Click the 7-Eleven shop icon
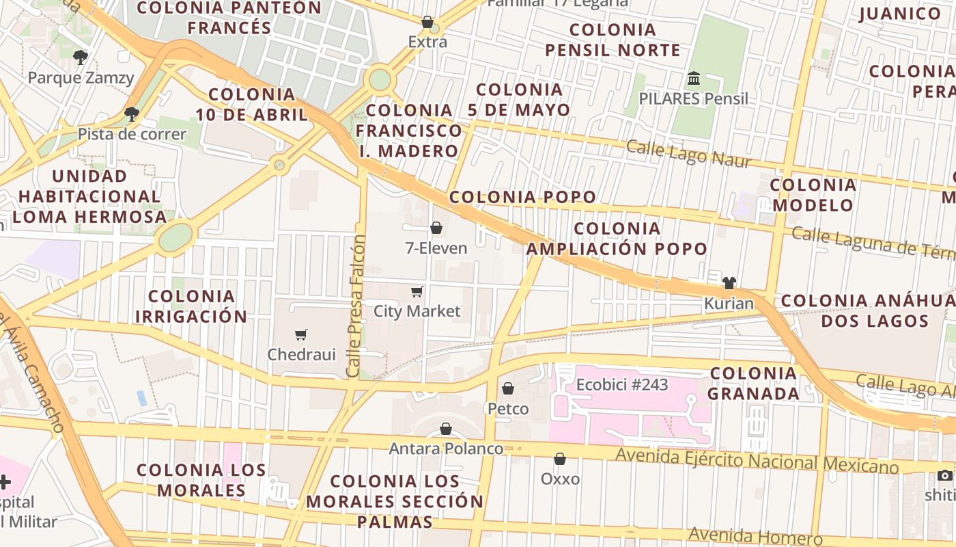436,228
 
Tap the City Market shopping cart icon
417,292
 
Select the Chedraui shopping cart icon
301,334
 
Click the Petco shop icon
508,388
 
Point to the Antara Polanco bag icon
446,429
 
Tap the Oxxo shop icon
560,459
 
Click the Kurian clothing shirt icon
729,283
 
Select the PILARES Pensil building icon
694,78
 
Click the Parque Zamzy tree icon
81,57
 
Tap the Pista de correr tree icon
132,114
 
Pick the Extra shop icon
427,22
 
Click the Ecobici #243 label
621,385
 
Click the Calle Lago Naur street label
688,154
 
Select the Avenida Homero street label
755,537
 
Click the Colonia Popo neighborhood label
522,198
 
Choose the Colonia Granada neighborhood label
753,384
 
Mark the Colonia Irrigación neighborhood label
191,306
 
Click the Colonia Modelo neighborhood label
813,195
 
